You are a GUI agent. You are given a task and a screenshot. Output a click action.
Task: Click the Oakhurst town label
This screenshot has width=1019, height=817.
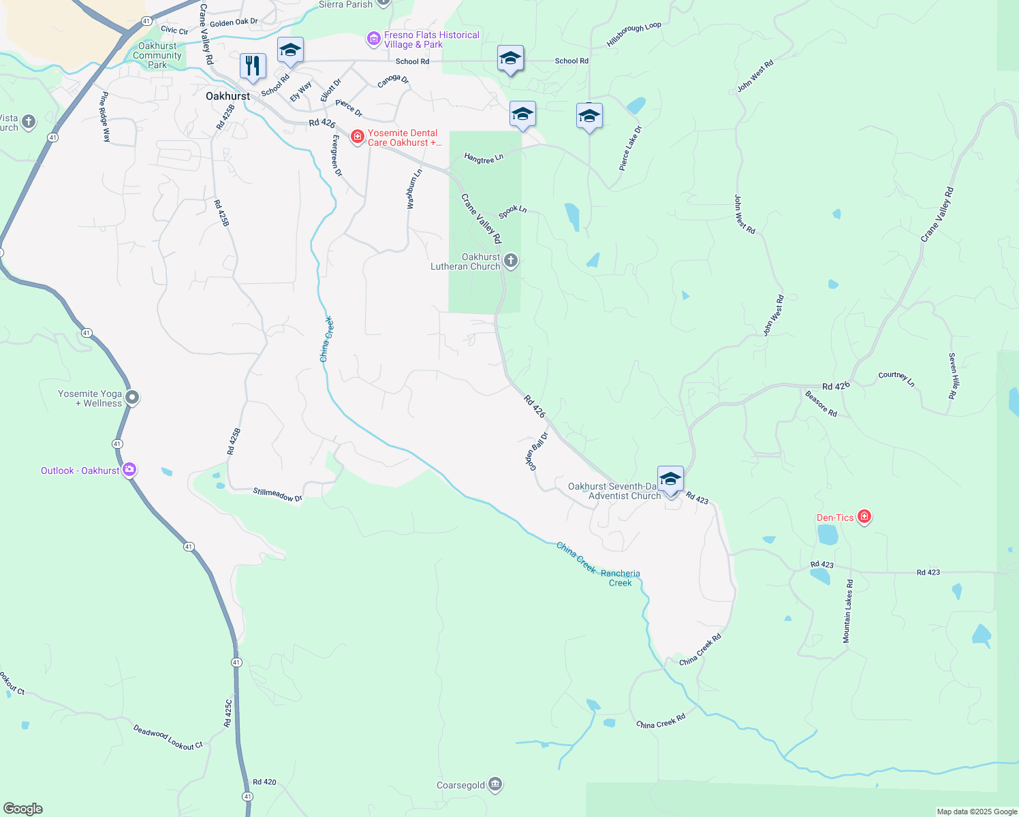(228, 97)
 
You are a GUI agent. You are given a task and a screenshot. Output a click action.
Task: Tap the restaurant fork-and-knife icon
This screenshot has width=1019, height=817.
(253, 66)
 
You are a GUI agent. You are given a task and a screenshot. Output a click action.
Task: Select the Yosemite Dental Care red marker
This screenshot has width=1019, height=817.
(357, 138)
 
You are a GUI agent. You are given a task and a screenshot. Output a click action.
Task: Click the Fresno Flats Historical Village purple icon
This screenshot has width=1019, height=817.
(373, 39)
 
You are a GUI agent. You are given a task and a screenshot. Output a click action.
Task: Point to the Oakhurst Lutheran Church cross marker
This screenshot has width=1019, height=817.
(510, 261)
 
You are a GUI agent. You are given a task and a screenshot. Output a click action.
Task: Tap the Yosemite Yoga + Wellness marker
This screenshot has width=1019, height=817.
(132, 398)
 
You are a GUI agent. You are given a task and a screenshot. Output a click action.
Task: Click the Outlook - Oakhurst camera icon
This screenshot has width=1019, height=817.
(129, 470)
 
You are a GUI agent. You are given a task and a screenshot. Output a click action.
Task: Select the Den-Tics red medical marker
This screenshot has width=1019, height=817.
(864, 517)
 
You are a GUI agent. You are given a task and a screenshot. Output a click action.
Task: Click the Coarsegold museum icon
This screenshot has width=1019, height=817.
(495, 785)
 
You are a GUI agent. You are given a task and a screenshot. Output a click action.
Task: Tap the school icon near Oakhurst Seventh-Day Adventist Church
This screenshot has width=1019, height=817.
(670, 479)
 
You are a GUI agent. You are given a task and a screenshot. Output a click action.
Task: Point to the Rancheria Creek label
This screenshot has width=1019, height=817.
(620, 578)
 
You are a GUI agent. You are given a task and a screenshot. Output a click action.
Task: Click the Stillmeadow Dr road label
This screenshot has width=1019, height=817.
(277, 495)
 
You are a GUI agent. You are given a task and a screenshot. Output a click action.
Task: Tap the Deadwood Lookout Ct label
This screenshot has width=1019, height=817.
(168, 737)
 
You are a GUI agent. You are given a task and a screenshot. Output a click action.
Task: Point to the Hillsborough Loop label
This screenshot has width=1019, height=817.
(633, 35)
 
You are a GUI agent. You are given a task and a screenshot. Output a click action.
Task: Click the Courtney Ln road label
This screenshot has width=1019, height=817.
(896, 379)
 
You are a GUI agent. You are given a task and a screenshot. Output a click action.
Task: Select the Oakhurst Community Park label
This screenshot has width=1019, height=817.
(157, 56)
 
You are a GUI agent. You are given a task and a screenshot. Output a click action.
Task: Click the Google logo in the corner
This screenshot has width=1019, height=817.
(22, 809)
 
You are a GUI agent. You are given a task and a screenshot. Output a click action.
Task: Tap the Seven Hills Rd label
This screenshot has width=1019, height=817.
(952, 376)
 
